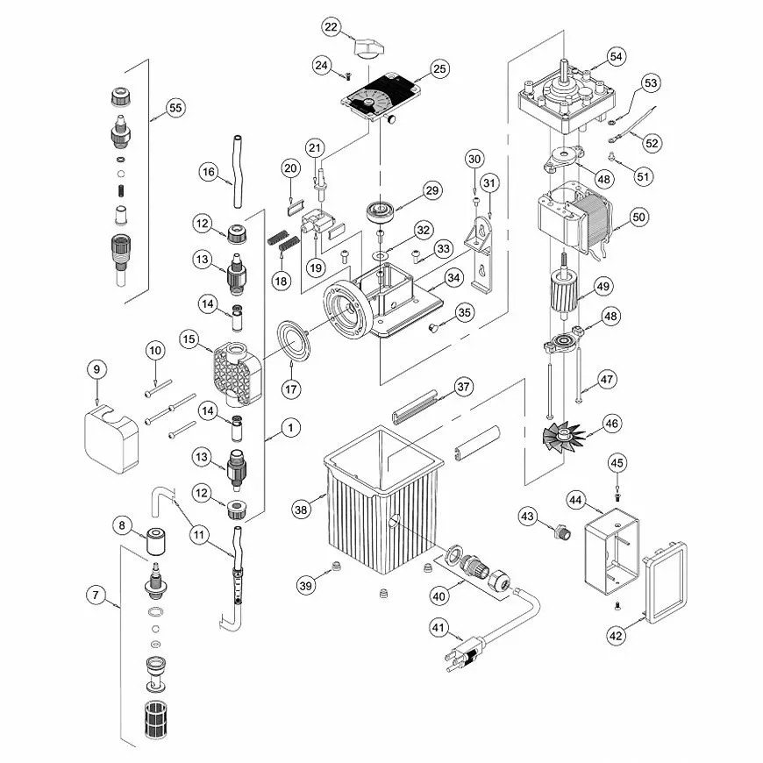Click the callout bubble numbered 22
tap(331, 27)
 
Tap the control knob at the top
tap(368, 48)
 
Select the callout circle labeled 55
tap(175, 108)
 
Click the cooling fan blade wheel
tap(563, 436)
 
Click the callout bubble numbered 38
tap(301, 510)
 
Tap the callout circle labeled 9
tap(96, 369)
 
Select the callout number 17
tap(291, 389)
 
